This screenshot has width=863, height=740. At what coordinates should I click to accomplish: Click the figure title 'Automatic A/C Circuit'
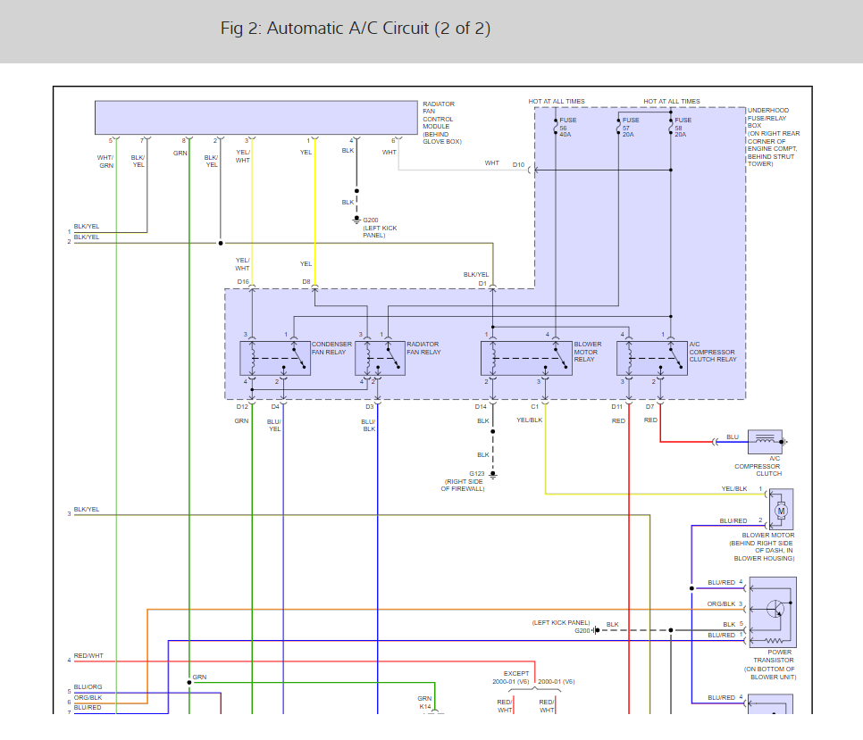(356, 29)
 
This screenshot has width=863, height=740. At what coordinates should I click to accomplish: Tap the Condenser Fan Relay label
(329, 348)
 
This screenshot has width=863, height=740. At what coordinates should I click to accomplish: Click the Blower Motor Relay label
(588, 352)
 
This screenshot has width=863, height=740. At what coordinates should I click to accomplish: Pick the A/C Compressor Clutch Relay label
(713, 352)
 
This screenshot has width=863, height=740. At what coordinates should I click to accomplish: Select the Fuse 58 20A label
(683, 128)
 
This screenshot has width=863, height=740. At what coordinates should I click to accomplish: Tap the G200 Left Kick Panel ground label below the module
(379, 229)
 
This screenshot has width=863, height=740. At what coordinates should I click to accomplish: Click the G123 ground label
(465, 482)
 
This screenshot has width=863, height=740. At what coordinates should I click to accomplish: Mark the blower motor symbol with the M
(782, 511)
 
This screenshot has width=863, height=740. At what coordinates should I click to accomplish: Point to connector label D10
(518, 164)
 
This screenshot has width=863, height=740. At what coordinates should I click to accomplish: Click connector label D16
(243, 282)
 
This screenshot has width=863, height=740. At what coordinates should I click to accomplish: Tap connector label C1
(535, 407)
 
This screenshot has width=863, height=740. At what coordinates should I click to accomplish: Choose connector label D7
(650, 407)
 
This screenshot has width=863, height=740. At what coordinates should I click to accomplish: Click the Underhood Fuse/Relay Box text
(768, 137)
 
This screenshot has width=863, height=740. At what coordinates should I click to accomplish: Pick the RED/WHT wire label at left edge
(88, 656)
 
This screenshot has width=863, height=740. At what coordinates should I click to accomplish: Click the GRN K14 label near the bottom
(424, 703)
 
